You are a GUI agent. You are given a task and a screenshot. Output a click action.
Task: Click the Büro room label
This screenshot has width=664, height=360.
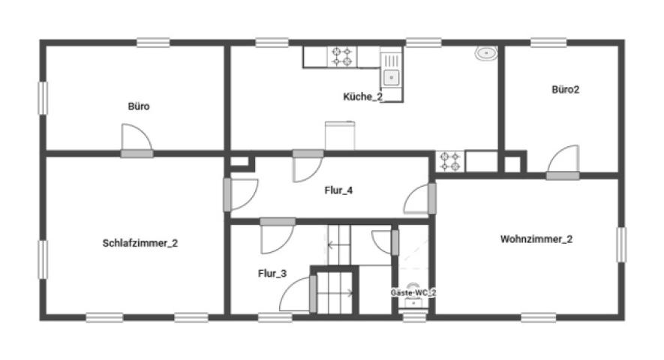[139, 106]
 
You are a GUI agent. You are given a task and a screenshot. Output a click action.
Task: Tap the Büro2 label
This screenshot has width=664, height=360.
[565, 90]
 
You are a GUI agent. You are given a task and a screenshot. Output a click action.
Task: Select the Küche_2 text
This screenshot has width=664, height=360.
[363, 97]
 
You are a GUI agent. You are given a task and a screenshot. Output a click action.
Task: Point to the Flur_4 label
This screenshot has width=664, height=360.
[338, 190]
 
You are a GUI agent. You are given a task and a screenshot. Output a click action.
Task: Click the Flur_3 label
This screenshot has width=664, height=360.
[272, 274]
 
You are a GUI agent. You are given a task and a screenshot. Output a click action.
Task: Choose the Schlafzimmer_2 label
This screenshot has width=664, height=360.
[140, 243]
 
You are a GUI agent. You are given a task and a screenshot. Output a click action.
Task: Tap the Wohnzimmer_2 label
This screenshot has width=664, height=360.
[536, 238]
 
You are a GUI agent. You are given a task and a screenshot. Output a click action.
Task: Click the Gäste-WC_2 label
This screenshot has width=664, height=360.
[413, 292]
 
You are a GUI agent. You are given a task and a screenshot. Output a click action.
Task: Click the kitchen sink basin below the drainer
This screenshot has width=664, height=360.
[392, 78]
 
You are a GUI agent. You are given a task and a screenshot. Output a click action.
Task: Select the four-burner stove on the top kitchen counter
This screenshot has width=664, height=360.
[342, 57]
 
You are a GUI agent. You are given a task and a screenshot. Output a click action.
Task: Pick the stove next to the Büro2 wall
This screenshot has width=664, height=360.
[450, 161]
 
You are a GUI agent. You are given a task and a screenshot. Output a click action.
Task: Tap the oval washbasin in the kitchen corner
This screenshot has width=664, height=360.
[486, 53]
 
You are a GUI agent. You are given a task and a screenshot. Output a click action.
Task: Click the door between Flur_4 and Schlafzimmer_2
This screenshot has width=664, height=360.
[241, 195]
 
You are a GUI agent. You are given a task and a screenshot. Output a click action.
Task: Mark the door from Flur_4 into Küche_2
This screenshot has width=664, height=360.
[308, 166]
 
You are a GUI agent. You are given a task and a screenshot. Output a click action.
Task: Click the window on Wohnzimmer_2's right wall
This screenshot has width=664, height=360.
[621, 244]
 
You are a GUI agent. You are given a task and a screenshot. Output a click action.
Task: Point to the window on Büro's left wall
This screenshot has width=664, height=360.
[43, 98]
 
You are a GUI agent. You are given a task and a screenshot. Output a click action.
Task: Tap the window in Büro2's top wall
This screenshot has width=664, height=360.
[548, 43]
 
